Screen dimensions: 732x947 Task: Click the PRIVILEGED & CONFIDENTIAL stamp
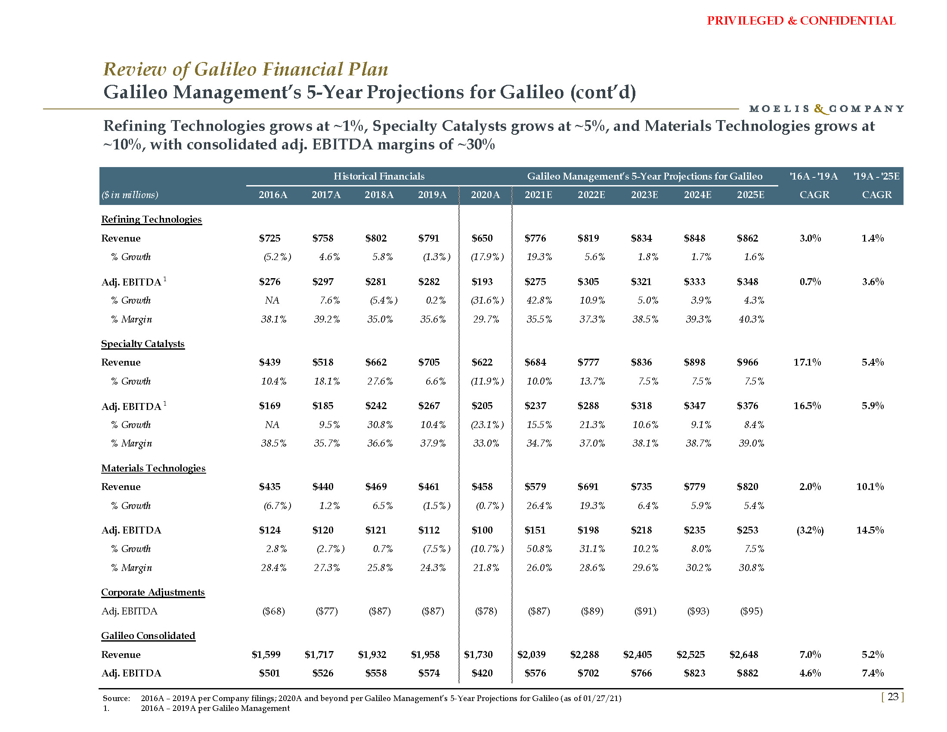point(801,21)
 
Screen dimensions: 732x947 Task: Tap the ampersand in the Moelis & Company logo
point(820,109)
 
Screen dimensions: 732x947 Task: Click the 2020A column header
point(485,195)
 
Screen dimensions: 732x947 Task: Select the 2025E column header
point(751,195)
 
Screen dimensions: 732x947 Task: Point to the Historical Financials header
point(378,176)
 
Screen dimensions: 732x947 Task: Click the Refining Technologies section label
point(152,220)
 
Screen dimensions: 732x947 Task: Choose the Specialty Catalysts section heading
point(142,344)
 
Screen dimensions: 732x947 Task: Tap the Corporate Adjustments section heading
point(153,592)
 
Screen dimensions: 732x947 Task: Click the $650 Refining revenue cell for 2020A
point(482,238)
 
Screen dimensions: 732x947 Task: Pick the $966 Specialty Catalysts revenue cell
point(748,362)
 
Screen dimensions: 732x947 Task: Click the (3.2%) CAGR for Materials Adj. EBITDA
point(810,530)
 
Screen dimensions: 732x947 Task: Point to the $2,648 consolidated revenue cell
point(744,654)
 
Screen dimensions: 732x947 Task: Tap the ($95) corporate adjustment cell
point(751,611)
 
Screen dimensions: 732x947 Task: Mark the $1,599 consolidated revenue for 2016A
point(266,654)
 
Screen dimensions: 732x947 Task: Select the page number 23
point(893,697)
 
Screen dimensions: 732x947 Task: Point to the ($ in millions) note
point(130,195)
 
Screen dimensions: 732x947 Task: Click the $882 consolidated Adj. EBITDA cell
point(748,673)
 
